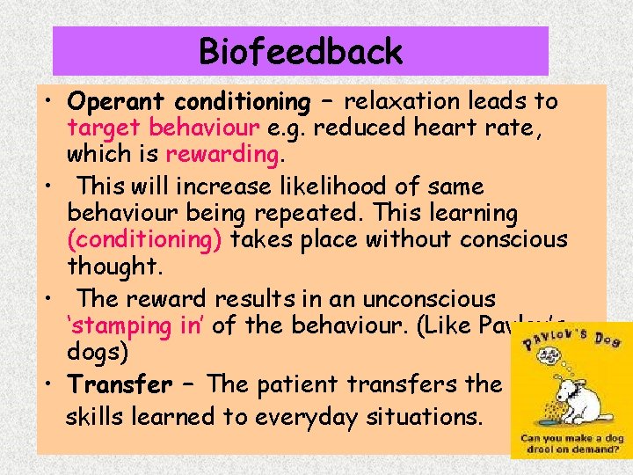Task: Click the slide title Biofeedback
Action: click(301, 52)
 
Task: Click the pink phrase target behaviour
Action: click(163, 128)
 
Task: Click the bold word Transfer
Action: click(120, 384)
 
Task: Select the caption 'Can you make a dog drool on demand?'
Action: click(572, 444)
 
